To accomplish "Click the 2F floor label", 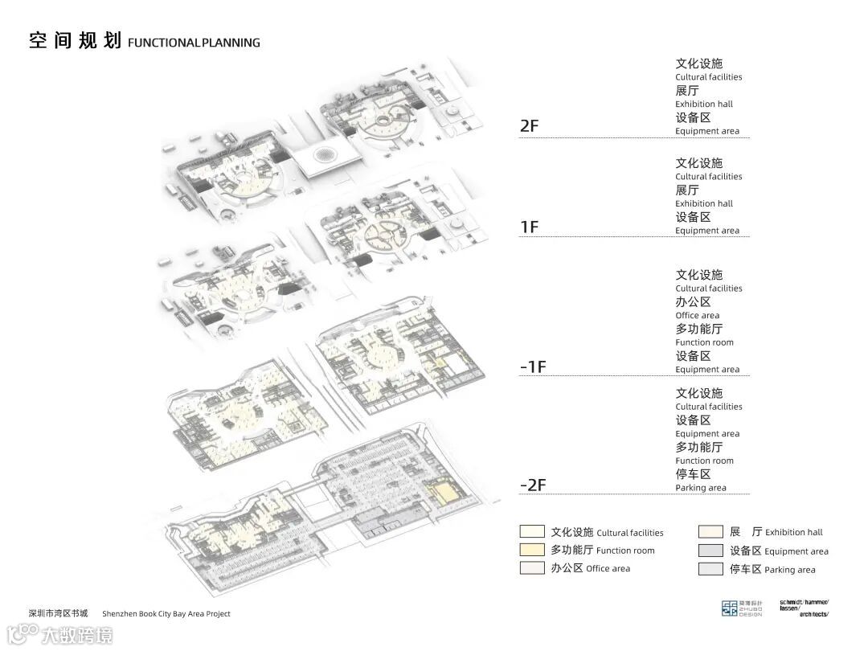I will click(530, 126).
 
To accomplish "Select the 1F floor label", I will click(530, 227).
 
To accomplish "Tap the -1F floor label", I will click(533, 367).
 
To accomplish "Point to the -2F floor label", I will click(533, 485).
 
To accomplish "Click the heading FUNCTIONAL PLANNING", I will click(194, 43).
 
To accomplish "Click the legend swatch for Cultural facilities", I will click(532, 532).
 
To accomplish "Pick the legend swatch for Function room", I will click(532, 550).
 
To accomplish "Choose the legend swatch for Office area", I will click(532, 568).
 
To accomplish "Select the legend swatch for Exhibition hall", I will click(710, 532).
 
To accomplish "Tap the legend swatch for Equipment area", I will click(710, 551).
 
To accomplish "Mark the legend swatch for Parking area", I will click(710, 569).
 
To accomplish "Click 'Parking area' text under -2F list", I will click(701, 488).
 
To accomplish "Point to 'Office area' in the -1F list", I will click(698, 316).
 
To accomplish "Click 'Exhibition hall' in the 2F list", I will click(704, 104).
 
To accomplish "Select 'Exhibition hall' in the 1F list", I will click(704, 204).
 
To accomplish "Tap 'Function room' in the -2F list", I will click(704, 461).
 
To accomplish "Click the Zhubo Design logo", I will click(739, 608).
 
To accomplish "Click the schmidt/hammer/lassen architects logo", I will click(804, 608).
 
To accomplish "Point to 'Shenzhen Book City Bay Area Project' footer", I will click(166, 614).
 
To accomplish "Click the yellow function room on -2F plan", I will click(441, 491).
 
